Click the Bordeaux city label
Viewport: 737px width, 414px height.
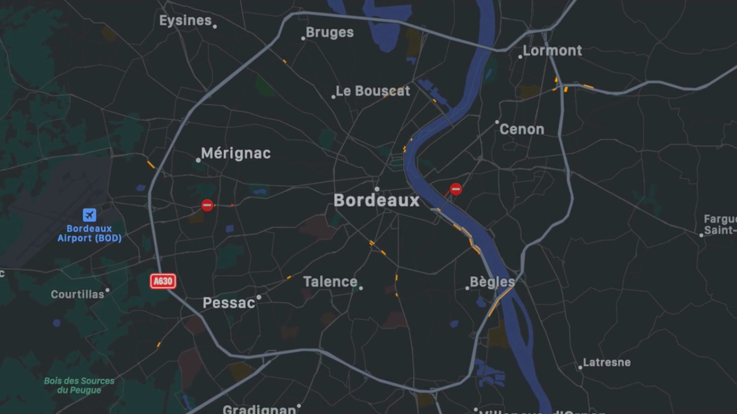[x=376, y=201]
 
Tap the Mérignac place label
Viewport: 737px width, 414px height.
[x=236, y=154]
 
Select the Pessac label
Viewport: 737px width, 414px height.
[x=229, y=303]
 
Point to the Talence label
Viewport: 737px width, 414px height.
[x=330, y=281]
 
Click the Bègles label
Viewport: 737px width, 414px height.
[x=492, y=282]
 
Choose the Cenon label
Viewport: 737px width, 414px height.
[x=522, y=129]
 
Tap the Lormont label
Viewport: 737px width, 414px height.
[x=552, y=51]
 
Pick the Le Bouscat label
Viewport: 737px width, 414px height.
[x=373, y=91]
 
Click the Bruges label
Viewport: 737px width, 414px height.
[x=330, y=32]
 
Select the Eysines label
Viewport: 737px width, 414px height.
[x=185, y=20]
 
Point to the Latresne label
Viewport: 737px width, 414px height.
[x=606, y=362]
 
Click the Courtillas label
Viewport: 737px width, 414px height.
[x=77, y=294]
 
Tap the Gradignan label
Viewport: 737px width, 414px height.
[x=259, y=409]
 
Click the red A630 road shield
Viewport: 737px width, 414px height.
[x=163, y=281]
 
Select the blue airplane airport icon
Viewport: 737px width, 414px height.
[x=90, y=215]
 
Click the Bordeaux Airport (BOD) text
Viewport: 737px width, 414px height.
[x=90, y=233]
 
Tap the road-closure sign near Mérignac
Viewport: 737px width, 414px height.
[x=207, y=205]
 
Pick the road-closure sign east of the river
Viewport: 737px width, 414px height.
[x=456, y=189]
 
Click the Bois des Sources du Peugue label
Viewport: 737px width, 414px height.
[x=79, y=385]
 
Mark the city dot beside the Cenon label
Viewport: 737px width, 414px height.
[x=497, y=122]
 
